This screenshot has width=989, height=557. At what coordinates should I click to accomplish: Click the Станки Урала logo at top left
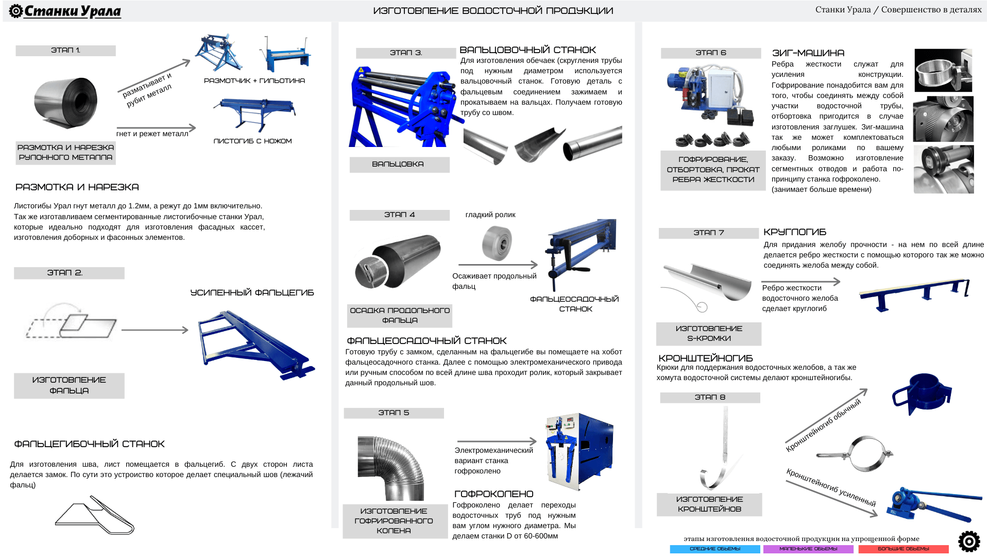click(x=65, y=11)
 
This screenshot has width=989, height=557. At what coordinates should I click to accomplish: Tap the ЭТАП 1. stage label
click(x=65, y=51)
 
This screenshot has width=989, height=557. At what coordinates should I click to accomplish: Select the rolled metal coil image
click(x=65, y=103)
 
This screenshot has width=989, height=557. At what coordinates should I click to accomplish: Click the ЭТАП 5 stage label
click(x=394, y=413)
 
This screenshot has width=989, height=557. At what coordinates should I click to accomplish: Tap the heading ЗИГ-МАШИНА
click(x=808, y=53)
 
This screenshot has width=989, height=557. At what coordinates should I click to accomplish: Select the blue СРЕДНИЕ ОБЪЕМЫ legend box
click(x=715, y=549)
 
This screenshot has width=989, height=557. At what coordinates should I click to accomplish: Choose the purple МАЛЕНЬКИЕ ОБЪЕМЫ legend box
click(x=808, y=549)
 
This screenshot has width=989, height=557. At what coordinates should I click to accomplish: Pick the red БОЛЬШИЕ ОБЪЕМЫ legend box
click(x=903, y=549)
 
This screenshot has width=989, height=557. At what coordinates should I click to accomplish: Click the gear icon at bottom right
click(x=969, y=542)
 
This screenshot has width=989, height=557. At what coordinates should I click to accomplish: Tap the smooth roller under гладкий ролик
click(x=497, y=243)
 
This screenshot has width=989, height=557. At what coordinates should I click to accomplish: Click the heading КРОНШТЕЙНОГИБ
click(x=706, y=358)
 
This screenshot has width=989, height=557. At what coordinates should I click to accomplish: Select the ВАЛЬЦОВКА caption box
click(x=400, y=165)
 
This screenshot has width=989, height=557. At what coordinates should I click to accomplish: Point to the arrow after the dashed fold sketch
click(x=155, y=330)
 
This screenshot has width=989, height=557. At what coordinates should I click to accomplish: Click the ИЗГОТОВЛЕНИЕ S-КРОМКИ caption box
click(x=709, y=334)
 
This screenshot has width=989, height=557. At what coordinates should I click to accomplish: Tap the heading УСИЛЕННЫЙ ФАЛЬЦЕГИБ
click(x=252, y=293)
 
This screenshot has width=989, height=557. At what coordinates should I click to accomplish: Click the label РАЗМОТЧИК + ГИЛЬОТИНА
click(x=254, y=81)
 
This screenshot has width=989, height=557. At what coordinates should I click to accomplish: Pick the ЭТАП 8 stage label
click(x=710, y=398)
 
